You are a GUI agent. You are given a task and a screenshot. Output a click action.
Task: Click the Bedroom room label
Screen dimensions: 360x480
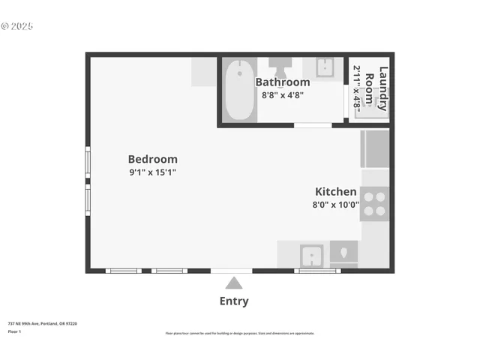152,159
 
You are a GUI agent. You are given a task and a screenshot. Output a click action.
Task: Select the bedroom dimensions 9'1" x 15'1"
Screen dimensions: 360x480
152,172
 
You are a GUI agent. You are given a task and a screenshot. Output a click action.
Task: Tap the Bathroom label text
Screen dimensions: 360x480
282,82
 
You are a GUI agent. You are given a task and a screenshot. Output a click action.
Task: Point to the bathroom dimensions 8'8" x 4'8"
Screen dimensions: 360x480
282,95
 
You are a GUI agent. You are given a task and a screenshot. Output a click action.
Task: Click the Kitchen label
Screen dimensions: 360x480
335,192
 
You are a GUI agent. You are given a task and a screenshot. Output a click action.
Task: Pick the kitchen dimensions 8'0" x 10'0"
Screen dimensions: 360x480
335,204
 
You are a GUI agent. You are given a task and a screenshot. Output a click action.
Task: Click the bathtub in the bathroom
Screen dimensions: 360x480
239,91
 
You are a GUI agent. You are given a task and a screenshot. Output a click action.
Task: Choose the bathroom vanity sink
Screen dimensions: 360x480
325,67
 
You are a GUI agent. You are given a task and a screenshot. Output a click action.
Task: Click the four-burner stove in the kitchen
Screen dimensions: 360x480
374,203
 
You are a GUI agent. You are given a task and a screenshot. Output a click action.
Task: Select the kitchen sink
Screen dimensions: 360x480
312,256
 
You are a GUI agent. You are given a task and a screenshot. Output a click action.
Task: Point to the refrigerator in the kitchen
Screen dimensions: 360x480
374,148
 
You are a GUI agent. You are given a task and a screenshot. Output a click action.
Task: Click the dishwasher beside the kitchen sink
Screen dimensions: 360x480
344,253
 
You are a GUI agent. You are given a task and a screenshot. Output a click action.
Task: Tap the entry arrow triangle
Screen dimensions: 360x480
234,283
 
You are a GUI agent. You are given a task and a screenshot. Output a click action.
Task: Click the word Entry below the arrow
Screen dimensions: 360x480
234,301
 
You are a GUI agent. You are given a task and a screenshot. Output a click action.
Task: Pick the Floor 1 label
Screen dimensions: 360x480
14,331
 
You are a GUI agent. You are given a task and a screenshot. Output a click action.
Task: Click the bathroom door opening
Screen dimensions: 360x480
313,124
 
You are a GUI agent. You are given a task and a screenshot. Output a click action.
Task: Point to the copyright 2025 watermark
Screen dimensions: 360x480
17,26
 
